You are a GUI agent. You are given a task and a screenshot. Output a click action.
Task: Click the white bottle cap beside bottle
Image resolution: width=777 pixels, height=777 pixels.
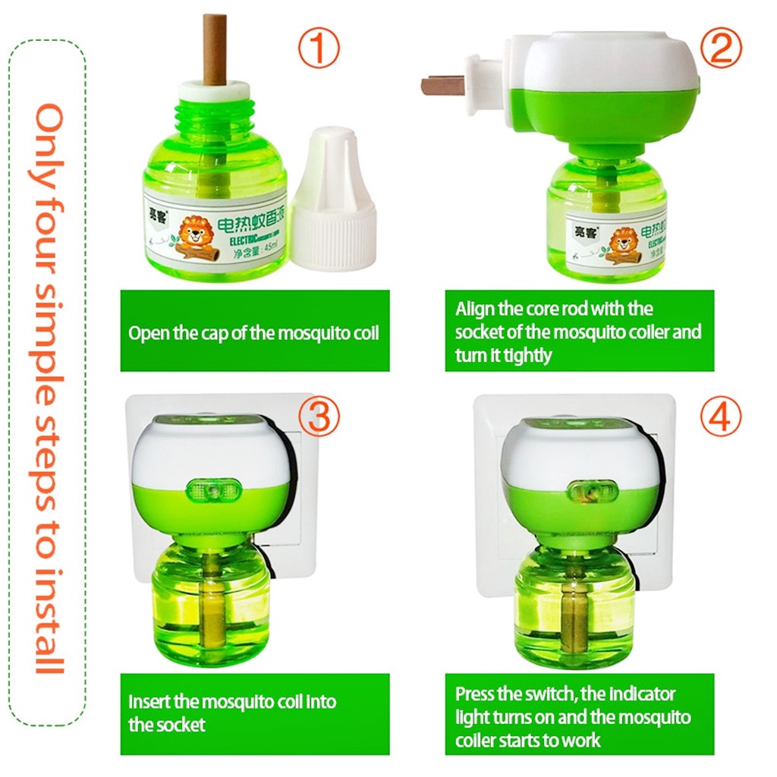[334, 201]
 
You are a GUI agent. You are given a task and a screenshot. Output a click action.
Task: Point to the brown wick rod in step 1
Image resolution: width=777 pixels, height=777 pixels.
[215, 49]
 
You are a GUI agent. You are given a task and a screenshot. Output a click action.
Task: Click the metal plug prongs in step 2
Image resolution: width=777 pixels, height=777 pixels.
[444, 85]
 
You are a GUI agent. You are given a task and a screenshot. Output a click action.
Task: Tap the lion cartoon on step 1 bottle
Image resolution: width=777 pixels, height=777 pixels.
[194, 233]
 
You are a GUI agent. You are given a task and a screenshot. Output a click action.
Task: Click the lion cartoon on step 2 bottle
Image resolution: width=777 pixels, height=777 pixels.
[624, 242]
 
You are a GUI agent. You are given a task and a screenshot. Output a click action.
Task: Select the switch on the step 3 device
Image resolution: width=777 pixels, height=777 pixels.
[214, 490]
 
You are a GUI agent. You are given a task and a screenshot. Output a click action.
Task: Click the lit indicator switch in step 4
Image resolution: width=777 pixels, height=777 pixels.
[592, 492]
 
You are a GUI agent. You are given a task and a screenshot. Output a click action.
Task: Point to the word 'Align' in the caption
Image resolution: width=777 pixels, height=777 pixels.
[474, 309]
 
